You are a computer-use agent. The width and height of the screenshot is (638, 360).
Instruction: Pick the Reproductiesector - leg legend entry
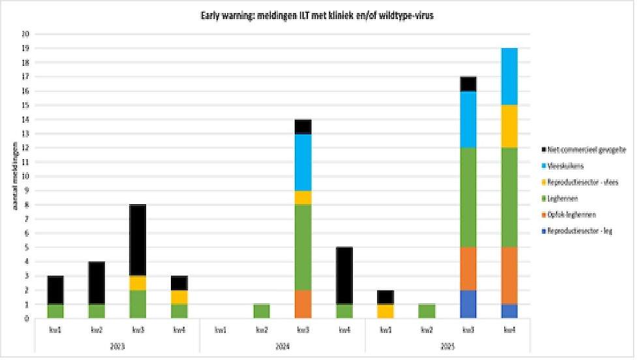(x=578, y=231)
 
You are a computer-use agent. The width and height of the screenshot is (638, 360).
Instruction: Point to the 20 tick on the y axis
(x=25, y=34)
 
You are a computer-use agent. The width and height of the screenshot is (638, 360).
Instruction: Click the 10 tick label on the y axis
(x=25, y=176)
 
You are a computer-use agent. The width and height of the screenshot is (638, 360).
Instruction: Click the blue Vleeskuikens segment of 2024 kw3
(x=303, y=162)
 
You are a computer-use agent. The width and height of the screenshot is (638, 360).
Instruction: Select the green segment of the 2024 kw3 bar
(x=303, y=247)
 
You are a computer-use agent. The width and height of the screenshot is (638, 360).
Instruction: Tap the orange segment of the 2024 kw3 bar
(x=303, y=304)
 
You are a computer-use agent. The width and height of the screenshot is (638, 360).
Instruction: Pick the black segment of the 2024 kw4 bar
(x=344, y=275)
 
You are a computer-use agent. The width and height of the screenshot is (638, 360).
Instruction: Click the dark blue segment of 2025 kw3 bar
(x=468, y=304)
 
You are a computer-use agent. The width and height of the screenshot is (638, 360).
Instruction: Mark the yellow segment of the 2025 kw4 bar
(x=509, y=127)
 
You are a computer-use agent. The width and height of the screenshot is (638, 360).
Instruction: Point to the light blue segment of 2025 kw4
(x=509, y=76)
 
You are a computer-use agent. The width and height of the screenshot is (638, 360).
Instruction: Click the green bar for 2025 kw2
(x=427, y=311)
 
